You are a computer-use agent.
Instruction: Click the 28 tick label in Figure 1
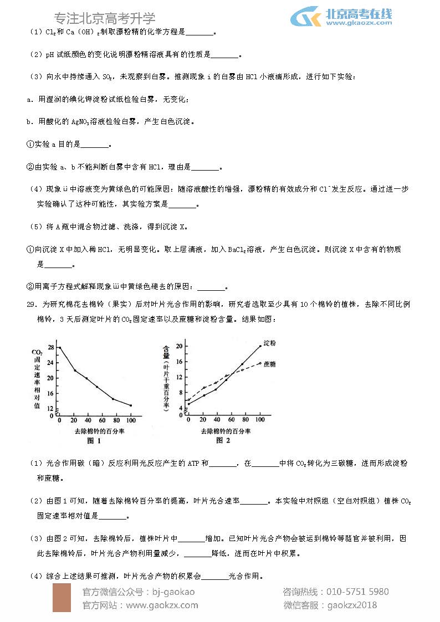(50, 347)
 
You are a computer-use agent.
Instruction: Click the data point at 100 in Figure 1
(131, 405)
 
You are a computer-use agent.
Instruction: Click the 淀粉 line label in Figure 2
(269, 343)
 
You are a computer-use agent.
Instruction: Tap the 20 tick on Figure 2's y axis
(179, 346)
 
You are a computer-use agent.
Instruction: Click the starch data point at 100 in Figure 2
(260, 346)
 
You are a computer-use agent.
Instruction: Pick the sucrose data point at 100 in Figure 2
(260, 363)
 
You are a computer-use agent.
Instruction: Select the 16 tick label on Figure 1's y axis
(50, 394)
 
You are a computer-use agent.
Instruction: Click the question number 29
(31, 304)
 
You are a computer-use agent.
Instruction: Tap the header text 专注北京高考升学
(105, 18)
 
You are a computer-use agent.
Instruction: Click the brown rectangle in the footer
(62, 598)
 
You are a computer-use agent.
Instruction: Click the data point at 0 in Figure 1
(59, 347)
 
